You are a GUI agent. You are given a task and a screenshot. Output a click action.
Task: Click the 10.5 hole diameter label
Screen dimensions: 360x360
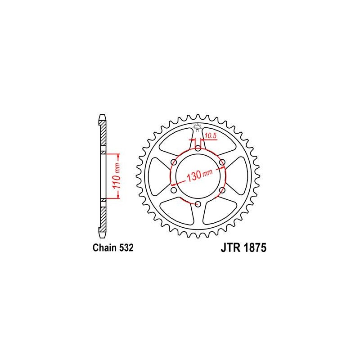point(211,135)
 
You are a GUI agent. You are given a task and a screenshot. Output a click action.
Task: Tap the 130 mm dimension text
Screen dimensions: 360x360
point(200,175)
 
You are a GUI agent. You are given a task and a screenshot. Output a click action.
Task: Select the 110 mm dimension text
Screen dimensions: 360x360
point(117,175)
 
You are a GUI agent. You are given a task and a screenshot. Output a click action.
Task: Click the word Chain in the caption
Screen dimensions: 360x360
point(104,248)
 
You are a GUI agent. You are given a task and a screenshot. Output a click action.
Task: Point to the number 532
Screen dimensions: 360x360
point(126,248)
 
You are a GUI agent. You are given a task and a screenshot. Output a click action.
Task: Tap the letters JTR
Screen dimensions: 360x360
point(230,248)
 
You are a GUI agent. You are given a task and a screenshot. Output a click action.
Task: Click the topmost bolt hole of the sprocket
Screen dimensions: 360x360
point(198,148)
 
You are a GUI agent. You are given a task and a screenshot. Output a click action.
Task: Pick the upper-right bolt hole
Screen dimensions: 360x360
point(222,162)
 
